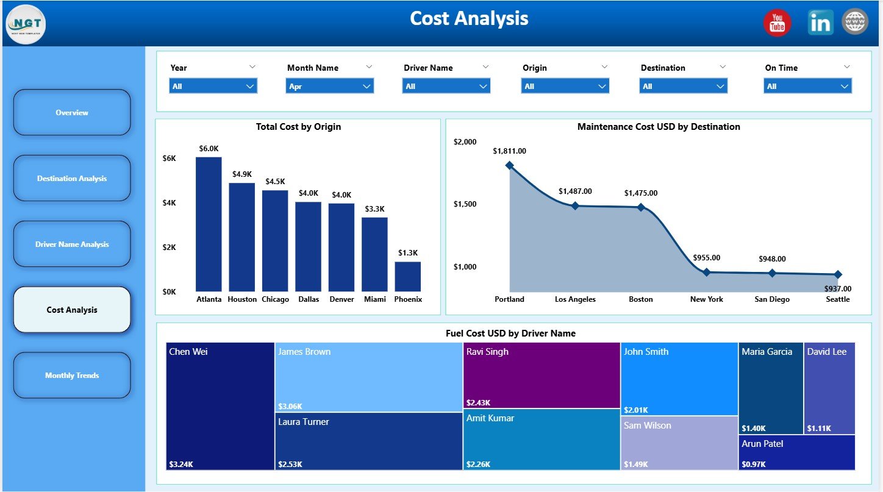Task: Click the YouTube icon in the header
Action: click(x=777, y=23)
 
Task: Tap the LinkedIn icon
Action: click(x=820, y=23)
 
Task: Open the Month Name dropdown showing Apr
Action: click(x=329, y=87)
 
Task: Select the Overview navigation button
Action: click(x=72, y=113)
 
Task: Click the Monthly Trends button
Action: click(x=72, y=376)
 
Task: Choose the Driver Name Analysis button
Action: click(x=72, y=244)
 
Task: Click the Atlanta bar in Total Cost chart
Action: click(x=209, y=224)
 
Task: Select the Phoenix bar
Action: click(x=407, y=276)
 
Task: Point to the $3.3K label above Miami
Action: click(x=374, y=209)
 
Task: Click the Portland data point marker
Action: click(x=509, y=165)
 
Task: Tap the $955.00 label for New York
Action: click(x=707, y=258)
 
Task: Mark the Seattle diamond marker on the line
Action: click(x=837, y=275)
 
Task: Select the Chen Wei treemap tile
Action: click(x=220, y=406)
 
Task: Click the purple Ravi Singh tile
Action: click(x=542, y=376)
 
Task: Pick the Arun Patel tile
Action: click(x=796, y=452)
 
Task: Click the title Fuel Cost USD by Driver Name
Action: click(x=510, y=333)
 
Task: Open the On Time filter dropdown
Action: click(x=807, y=87)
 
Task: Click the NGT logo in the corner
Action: click(x=26, y=24)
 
